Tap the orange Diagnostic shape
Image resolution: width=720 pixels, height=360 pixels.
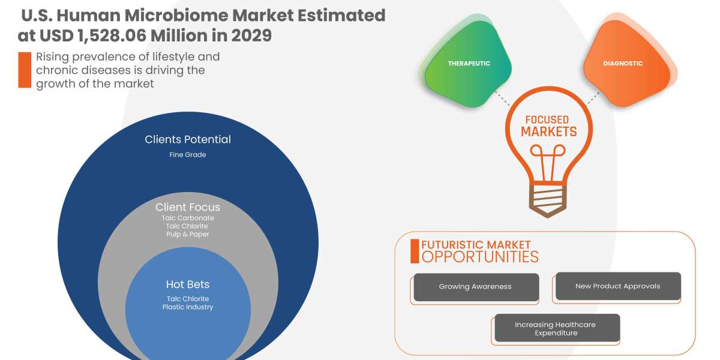click(622, 64)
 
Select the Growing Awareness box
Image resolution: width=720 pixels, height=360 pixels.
click(475, 287)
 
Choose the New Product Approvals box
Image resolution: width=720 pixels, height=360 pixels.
click(617, 286)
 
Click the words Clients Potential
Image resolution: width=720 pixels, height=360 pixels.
click(188, 139)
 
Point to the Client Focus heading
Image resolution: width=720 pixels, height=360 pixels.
click(188, 207)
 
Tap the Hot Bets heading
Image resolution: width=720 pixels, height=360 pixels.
click(188, 284)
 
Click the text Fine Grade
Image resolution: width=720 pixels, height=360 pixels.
click(188, 154)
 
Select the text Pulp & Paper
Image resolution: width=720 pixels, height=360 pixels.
click(188, 234)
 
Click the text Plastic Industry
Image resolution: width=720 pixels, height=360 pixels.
click(188, 307)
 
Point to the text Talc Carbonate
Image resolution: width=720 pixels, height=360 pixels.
click(188, 218)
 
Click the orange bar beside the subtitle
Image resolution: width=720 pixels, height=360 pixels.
click(25, 70)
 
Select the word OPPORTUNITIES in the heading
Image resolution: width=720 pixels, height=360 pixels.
click(480, 257)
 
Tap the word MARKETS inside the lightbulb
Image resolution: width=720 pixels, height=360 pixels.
click(548, 131)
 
